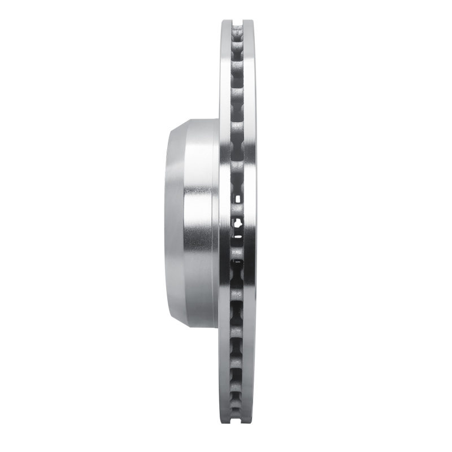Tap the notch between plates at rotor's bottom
pos(237,428)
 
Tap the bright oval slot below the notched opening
pos(238,237)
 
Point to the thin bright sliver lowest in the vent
pos(238,261)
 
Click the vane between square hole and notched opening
pos(237,210)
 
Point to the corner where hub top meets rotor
pos(218,120)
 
